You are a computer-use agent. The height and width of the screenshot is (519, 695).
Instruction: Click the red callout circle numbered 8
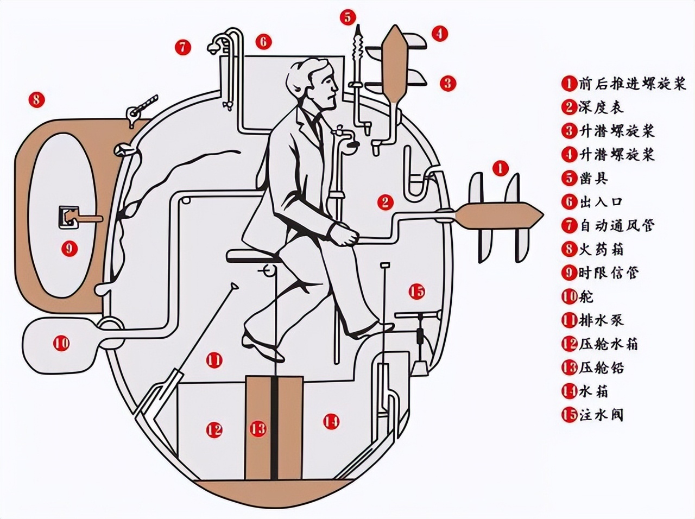36,99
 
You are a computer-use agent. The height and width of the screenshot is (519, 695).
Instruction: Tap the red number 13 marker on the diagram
258,429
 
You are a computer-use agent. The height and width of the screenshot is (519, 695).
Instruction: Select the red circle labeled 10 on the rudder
61,343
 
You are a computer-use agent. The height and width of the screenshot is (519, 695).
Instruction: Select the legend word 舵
586,296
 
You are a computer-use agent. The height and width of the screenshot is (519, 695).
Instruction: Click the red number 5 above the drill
347,17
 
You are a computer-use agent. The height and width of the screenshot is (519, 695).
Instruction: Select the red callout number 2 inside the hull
384,202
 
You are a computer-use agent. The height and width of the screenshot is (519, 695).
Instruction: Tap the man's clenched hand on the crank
345,236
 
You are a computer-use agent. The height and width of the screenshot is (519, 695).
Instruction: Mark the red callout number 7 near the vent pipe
183,47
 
